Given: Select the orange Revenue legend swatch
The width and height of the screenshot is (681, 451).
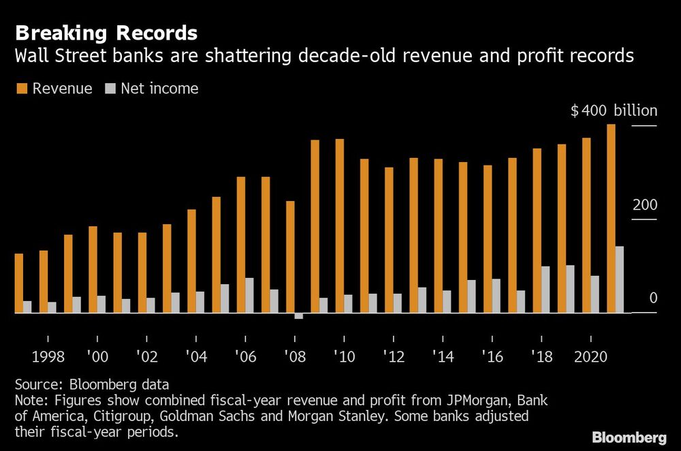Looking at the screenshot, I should pyautogui.click(x=20, y=89).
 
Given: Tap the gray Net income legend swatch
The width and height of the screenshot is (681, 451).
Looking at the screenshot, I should pyautogui.click(x=110, y=89).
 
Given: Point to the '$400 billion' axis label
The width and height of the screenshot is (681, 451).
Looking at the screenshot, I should pyautogui.click(x=614, y=111).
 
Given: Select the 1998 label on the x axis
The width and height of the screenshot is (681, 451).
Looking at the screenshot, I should pyautogui.click(x=48, y=356).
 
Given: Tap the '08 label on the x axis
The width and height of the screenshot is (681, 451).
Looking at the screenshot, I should pyautogui.click(x=295, y=356).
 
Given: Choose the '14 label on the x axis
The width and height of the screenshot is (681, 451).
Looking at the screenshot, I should pyautogui.click(x=443, y=356).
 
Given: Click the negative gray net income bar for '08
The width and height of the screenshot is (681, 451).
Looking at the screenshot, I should pyautogui.click(x=298, y=316).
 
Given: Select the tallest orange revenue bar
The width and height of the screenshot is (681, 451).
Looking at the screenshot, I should pyautogui.click(x=611, y=218).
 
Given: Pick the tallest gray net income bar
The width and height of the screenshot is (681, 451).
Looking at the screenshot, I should pyautogui.click(x=620, y=279).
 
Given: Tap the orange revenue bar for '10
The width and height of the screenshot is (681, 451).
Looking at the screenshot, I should pyautogui.click(x=339, y=226).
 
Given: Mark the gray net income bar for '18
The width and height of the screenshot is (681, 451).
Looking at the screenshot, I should pyautogui.click(x=545, y=290).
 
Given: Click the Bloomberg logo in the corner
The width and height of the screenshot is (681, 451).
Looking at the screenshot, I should pyautogui.click(x=631, y=437).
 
